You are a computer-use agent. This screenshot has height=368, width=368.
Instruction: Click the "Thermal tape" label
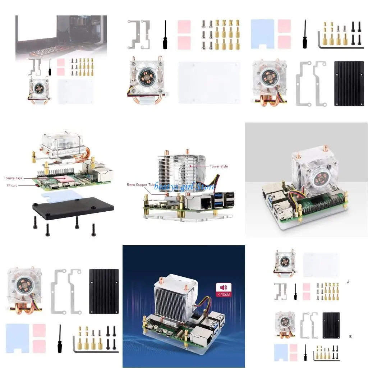tap(13, 178)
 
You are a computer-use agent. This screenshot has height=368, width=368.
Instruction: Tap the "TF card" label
tap(12, 185)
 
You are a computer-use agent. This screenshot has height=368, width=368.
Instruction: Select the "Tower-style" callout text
tap(219, 166)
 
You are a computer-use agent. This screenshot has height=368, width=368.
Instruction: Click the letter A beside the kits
tap(348, 282)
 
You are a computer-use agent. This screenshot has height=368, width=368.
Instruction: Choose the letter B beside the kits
tap(350, 337)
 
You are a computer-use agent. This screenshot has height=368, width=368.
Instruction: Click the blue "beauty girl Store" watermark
tap(185, 187)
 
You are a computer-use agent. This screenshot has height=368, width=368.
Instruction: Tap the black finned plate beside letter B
tap(331, 322)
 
